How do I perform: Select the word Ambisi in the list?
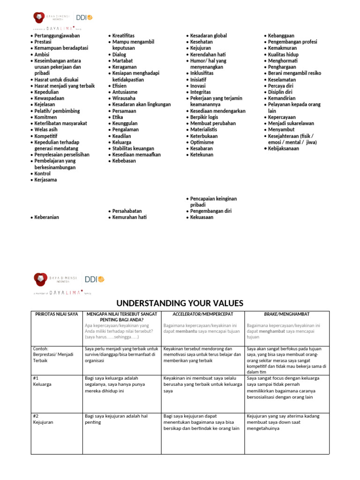tap(42, 54)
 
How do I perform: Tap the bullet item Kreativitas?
tap(123, 36)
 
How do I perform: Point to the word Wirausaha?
tap(124, 98)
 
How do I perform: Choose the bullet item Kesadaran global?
tap(208, 36)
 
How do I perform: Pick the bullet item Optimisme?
tap(202, 142)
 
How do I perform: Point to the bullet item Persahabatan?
tap(127, 211)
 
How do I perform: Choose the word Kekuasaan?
tap(202, 217)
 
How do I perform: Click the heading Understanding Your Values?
tap(180, 303)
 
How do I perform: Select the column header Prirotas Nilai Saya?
tap(57, 314)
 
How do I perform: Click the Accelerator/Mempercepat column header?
tap(202, 314)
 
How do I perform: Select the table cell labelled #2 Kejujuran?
tap(44, 419)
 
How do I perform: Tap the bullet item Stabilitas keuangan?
tap(133, 149)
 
